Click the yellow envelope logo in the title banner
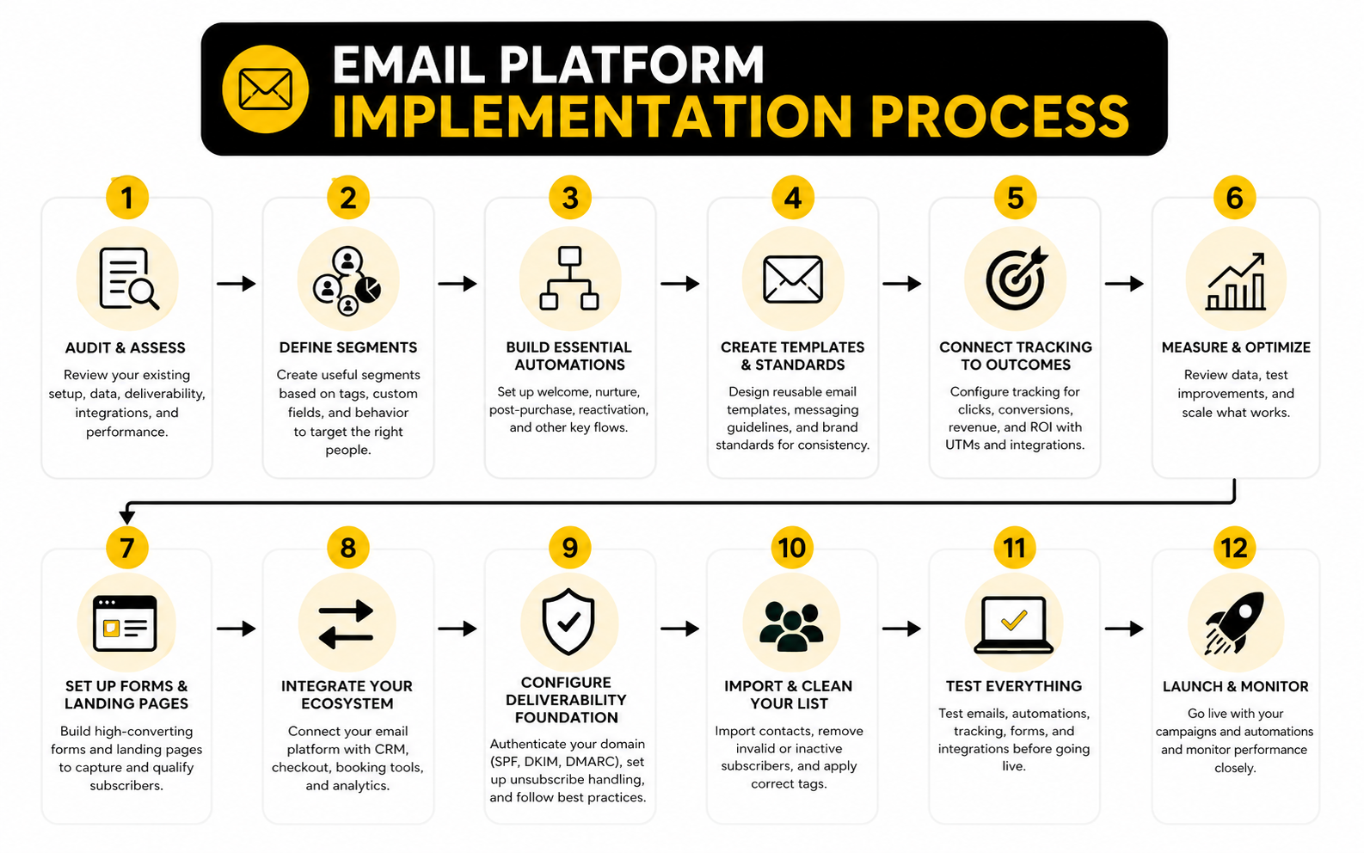265,89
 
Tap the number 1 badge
127,198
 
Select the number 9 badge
569,548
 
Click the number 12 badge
1234,548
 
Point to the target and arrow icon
1016,279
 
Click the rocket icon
1235,623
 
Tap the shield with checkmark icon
568,622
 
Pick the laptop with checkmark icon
1014,624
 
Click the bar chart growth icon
1236,281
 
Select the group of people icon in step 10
791,625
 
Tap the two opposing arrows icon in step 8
347,624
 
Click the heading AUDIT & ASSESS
126,347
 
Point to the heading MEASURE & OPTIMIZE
1236,347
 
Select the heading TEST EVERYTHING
1014,686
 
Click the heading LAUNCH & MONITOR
1235,686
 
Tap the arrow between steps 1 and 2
237,284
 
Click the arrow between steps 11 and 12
1124,629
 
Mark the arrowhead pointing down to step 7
127,516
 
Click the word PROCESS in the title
999,116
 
